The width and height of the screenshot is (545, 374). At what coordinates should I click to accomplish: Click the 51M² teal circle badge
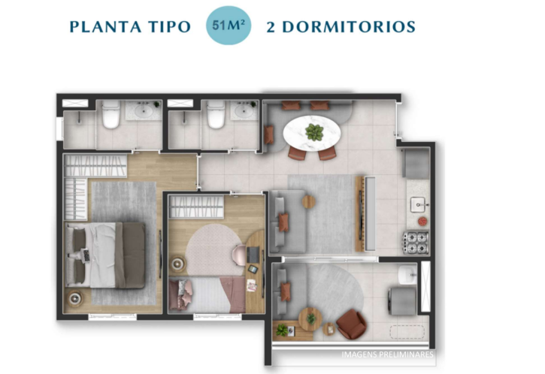click(x=230, y=26)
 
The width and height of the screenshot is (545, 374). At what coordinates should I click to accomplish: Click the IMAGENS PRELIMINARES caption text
click(x=387, y=354)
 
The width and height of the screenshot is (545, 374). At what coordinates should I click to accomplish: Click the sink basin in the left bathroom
click(x=141, y=112)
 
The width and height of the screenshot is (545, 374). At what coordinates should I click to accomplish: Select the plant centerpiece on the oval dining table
click(x=314, y=133)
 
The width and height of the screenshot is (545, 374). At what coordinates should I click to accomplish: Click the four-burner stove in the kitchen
click(x=415, y=243)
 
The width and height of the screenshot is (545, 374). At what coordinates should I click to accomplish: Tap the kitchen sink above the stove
click(x=417, y=203)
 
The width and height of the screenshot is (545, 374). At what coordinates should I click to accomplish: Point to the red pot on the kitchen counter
click(x=422, y=221)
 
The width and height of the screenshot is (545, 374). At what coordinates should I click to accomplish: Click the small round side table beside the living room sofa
click(x=308, y=201)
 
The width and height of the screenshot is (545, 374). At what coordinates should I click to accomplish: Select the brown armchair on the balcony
click(x=350, y=324)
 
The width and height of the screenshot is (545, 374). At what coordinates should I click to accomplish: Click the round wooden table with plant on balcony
click(x=309, y=319)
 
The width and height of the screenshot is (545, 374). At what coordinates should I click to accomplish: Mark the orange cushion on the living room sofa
click(x=283, y=222)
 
